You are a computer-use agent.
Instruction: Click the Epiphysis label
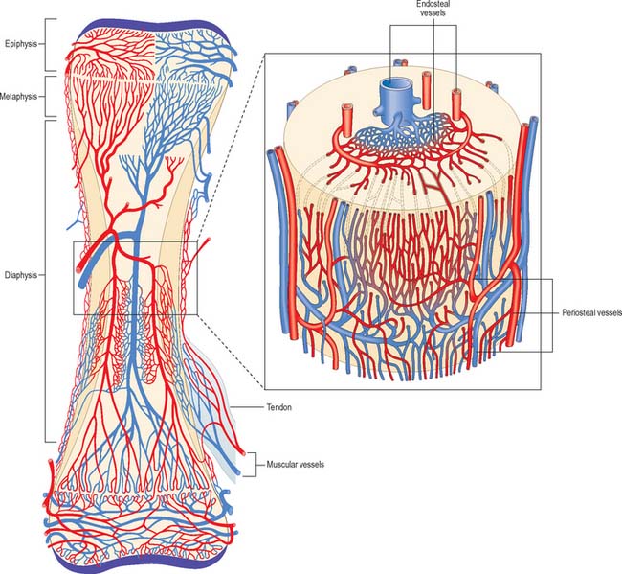(21, 44)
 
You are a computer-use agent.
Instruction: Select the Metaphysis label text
(18, 97)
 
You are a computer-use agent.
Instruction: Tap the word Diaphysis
(21, 275)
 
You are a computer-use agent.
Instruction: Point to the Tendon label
(278, 407)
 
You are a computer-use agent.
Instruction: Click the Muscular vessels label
(295, 464)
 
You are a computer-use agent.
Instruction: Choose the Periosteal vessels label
(591, 313)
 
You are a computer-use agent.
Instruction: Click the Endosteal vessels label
(433, 9)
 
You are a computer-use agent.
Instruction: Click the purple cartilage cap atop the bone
(154, 28)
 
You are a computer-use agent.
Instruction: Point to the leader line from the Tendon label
(247, 407)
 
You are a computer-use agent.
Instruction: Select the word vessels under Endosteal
(433, 12)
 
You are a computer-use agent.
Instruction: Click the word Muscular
(280, 464)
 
